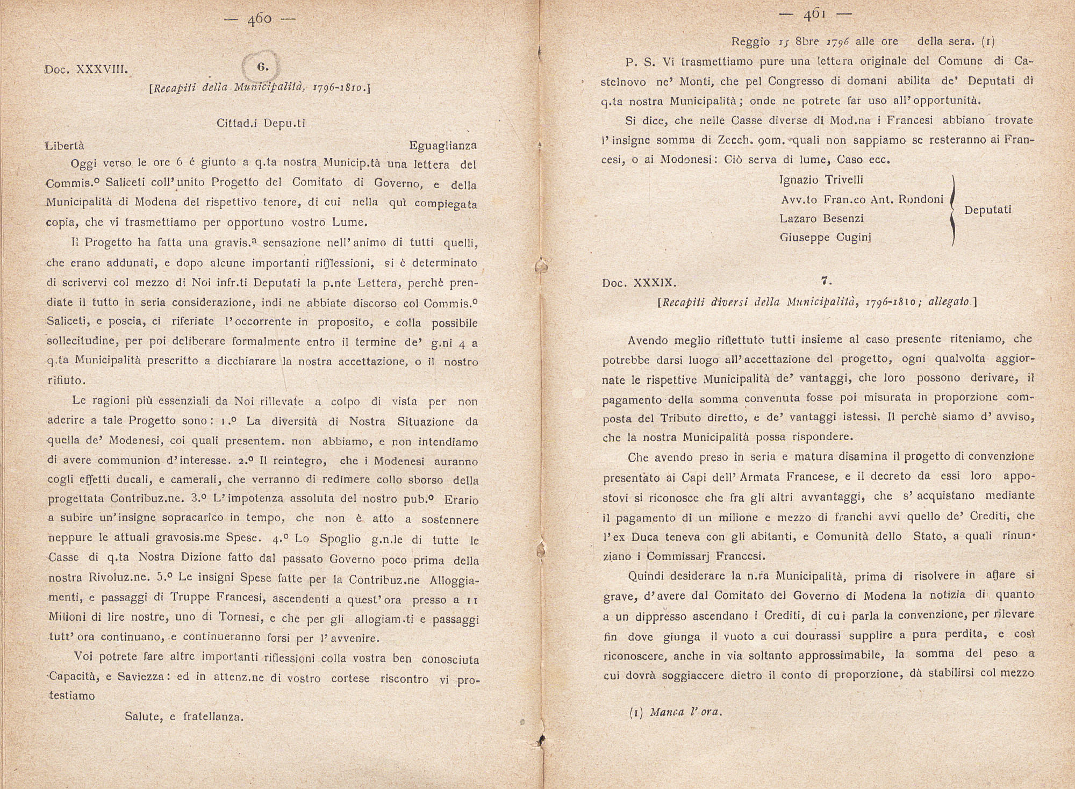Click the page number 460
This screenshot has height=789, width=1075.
pyautogui.click(x=260, y=20)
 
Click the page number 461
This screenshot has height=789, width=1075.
pyautogui.click(x=815, y=16)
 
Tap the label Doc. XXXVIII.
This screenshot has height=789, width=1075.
pyautogui.click(x=87, y=70)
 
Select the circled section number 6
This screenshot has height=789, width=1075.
pyautogui.click(x=262, y=67)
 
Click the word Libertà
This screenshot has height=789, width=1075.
pyautogui.click(x=65, y=146)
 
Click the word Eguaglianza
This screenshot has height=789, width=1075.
pyautogui.click(x=442, y=146)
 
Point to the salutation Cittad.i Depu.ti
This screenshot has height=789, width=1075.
pyautogui.click(x=261, y=123)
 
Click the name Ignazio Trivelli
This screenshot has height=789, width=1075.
pyautogui.click(x=821, y=180)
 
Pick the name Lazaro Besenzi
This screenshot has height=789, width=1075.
pyautogui.click(x=822, y=218)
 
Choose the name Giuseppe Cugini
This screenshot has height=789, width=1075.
pyautogui.click(x=825, y=237)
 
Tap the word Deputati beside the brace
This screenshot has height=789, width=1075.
pyautogui.click(x=988, y=210)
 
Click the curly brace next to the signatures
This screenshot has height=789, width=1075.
pyautogui.click(x=952, y=210)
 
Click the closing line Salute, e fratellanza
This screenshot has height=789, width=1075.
pyautogui.click(x=184, y=716)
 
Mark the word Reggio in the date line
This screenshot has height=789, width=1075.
pyautogui.click(x=751, y=41)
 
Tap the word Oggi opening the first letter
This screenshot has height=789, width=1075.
pyautogui.click(x=83, y=163)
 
